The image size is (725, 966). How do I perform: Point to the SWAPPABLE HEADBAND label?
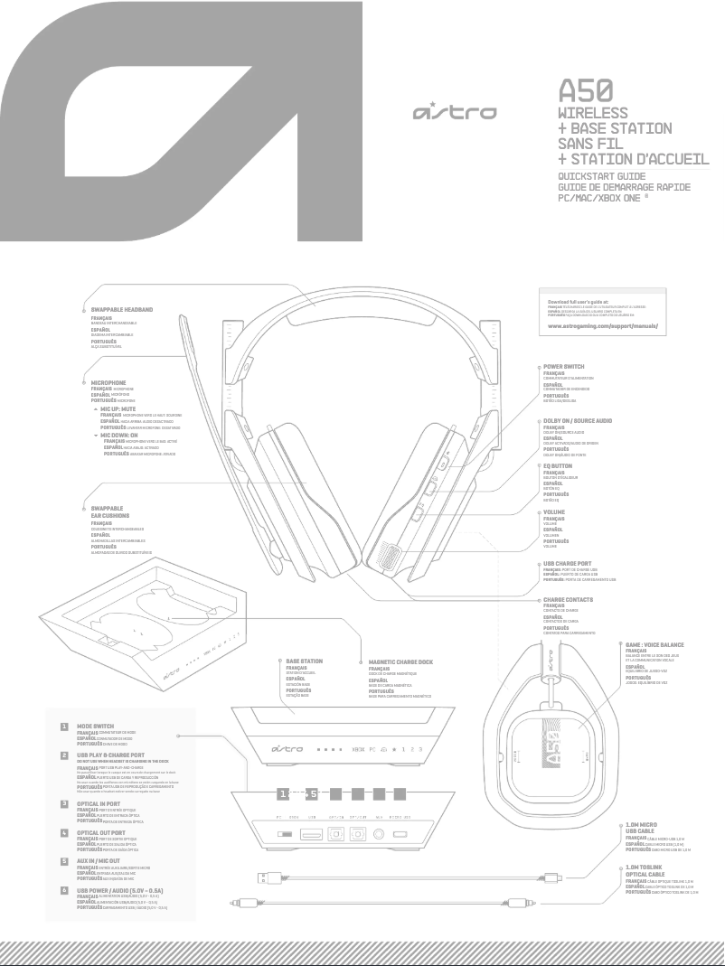122,309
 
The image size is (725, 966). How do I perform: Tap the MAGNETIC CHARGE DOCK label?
401,661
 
